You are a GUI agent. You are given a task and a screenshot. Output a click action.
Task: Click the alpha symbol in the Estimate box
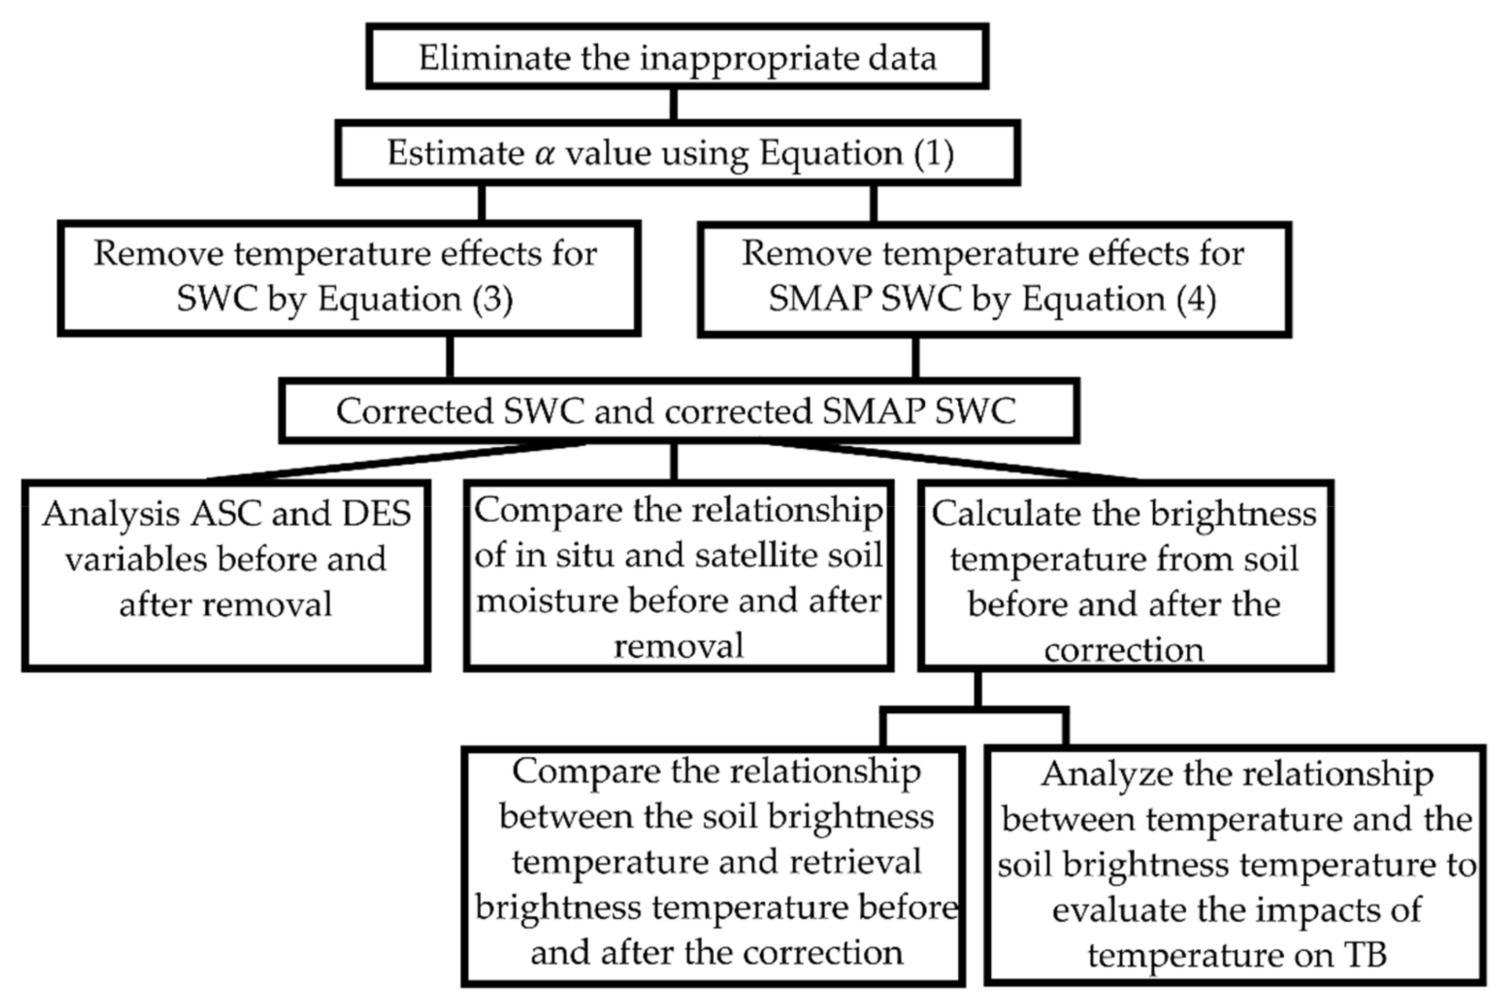(544, 154)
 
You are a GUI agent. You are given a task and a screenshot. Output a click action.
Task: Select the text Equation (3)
(415, 299)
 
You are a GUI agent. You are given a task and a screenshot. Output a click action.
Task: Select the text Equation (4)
(1118, 299)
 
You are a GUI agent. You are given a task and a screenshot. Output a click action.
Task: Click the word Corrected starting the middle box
(415, 411)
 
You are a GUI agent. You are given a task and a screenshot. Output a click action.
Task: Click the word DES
(376, 514)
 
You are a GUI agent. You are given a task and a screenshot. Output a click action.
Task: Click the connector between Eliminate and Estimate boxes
(674, 104)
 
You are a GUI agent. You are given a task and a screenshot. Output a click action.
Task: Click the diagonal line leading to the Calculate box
(950, 461)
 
